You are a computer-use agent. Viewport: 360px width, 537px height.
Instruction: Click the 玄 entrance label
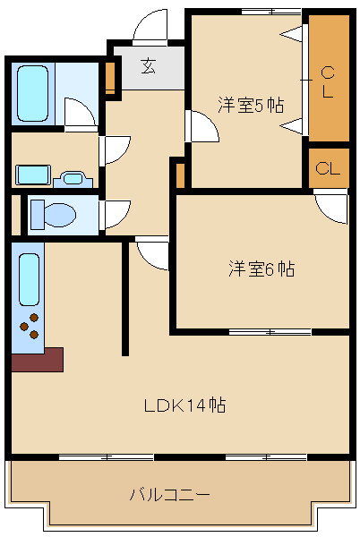pyautogui.click(x=149, y=66)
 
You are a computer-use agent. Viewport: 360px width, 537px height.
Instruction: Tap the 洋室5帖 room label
pyautogui.click(x=251, y=105)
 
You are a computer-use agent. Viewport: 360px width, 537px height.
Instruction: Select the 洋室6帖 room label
pyautogui.click(x=261, y=268)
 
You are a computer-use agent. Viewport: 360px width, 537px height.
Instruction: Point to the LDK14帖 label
pyautogui.click(x=184, y=405)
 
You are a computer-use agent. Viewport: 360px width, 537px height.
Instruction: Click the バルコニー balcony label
pyautogui.click(x=169, y=495)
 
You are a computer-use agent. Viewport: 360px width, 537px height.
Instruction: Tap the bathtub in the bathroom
pyautogui.click(x=32, y=93)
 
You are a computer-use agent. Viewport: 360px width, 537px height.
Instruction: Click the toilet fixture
pyautogui.click(x=54, y=215)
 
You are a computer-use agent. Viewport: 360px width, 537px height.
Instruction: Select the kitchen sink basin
pyautogui.click(x=29, y=279)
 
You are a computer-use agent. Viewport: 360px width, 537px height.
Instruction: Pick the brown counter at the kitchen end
pyautogui.click(x=38, y=360)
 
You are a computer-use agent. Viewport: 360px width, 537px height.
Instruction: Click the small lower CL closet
pyautogui.click(x=329, y=168)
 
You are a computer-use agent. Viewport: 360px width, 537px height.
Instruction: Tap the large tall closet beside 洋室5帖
pyautogui.click(x=329, y=78)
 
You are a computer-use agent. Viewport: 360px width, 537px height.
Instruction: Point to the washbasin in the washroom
pyautogui.click(x=73, y=179)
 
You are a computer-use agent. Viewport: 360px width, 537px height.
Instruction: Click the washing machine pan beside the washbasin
pyautogui.click(x=33, y=175)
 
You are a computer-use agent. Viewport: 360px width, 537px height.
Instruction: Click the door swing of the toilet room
pyautogui.click(x=115, y=215)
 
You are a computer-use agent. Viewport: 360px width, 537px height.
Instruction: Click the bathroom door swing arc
pyautogui.click(x=80, y=112)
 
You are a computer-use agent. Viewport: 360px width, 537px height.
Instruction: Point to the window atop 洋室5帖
pyautogui.click(x=271, y=12)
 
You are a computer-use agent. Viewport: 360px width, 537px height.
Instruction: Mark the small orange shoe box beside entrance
pyautogui.click(x=110, y=78)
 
